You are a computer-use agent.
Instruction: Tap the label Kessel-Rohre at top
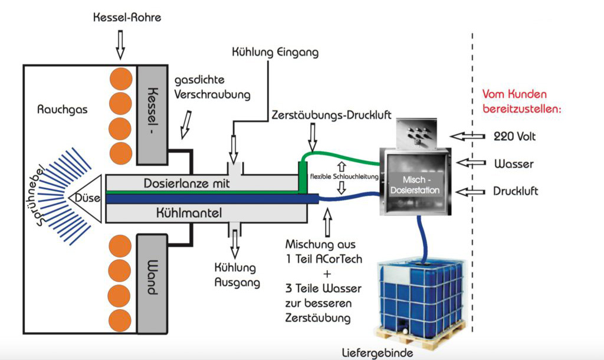click(x=127, y=18)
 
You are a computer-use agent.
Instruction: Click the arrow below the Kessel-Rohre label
click(x=120, y=45)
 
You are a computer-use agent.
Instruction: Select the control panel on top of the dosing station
click(x=415, y=133)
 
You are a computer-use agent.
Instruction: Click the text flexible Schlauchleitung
click(x=342, y=176)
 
